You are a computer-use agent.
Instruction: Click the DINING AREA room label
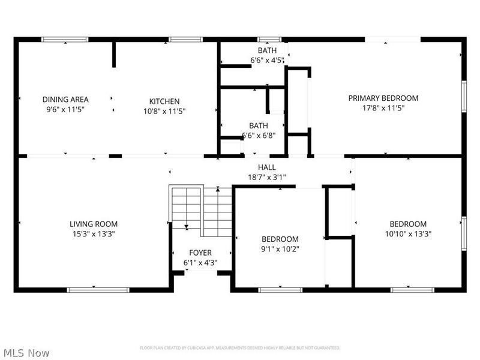(x=65, y=100)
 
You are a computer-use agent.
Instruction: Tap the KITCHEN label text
(x=164, y=101)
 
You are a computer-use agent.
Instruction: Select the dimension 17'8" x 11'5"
(x=384, y=109)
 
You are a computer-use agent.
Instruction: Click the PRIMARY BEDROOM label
(x=384, y=98)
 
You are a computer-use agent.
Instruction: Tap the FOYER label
(x=200, y=253)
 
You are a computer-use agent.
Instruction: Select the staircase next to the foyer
(x=201, y=210)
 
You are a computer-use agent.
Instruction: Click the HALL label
(x=267, y=167)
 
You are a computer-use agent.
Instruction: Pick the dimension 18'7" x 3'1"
(x=267, y=177)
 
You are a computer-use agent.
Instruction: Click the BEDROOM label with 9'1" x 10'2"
(x=280, y=238)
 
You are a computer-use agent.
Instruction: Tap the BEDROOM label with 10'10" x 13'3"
(x=408, y=224)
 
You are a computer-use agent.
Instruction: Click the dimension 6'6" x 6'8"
(x=259, y=136)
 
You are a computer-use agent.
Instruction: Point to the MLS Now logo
(x=25, y=353)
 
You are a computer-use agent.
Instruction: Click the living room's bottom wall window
(x=98, y=290)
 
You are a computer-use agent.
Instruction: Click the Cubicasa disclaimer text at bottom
(x=240, y=348)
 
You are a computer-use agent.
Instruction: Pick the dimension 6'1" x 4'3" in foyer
(x=200, y=263)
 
